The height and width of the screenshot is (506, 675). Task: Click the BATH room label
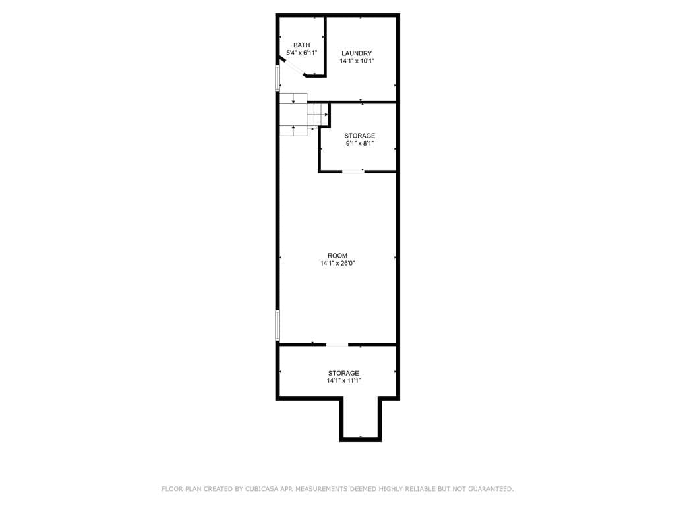point(301,45)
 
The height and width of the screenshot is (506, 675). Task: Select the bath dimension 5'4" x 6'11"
point(301,53)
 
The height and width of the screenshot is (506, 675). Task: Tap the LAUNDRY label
point(357,53)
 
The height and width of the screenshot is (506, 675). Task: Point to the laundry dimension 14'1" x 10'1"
point(357,61)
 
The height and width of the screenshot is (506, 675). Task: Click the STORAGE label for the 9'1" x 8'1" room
point(359,136)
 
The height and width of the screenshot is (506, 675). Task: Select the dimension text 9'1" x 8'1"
point(359,143)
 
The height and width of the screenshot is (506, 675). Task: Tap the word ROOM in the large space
point(337,256)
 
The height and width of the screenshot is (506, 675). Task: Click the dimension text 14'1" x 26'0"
point(337,263)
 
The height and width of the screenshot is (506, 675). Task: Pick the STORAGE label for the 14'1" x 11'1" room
point(343,373)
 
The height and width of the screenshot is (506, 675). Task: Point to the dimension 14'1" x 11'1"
point(343,380)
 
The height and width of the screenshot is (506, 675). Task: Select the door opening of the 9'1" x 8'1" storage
point(353,171)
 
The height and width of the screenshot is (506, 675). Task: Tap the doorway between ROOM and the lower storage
point(337,344)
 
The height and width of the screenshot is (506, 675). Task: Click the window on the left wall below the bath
point(278,77)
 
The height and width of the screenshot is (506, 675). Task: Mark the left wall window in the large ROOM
point(278,325)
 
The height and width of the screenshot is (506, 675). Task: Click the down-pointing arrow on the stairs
point(293,101)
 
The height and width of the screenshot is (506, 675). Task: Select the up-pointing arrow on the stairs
point(293,128)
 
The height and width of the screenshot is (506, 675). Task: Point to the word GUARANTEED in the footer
point(488,489)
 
